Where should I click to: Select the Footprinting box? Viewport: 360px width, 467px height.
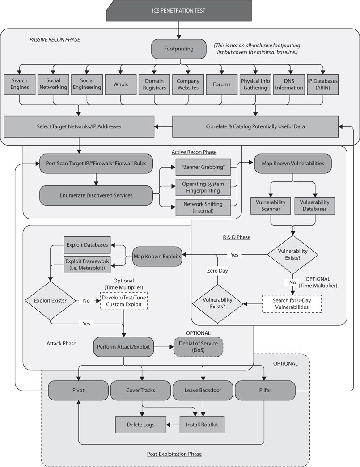(x=178, y=49)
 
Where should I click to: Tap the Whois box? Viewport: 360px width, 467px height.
(x=120, y=84)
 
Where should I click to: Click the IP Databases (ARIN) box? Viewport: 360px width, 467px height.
(x=322, y=84)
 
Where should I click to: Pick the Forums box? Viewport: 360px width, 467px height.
(x=221, y=84)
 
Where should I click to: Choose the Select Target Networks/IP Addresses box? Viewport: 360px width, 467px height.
(x=79, y=126)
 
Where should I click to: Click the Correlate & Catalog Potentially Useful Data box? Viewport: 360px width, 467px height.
(x=255, y=126)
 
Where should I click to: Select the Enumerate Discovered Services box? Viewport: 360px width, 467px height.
(x=96, y=195)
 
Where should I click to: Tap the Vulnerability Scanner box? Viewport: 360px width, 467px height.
(x=267, y=206)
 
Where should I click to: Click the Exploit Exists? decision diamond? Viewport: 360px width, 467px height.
(x=51, y=301)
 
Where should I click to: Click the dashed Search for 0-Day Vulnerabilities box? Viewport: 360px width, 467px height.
(x=292, y=304)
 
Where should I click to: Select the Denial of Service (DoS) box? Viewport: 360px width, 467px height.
(x=198, y=346)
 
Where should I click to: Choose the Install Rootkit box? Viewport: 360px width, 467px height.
(x=202, y=425)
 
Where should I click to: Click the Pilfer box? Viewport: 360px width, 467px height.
(x=265, y=390)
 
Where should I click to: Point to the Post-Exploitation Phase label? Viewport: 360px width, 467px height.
(x=174, y=454)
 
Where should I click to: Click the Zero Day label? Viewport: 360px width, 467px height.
(x=217, y=271)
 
